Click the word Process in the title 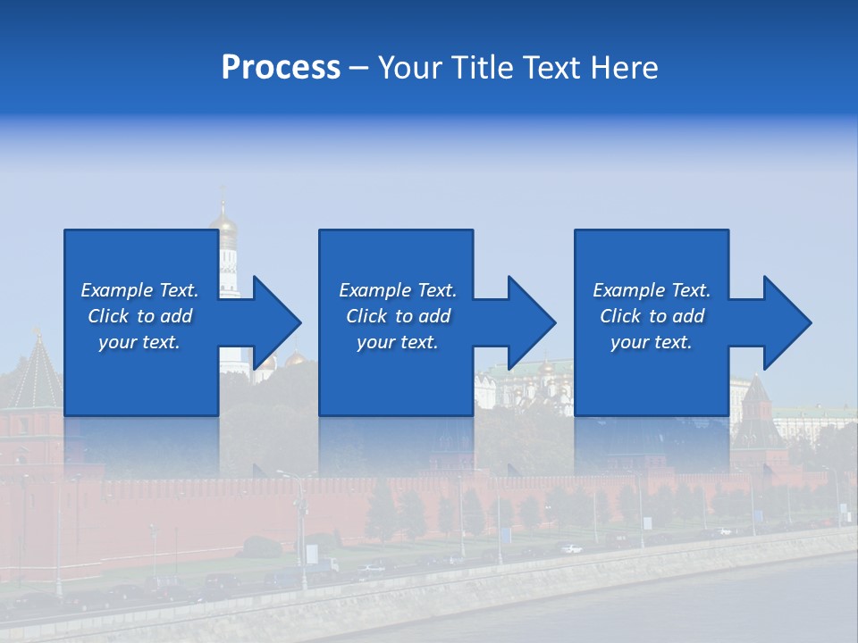[281, 68]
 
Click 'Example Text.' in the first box [139, 290]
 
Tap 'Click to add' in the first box [139, 316]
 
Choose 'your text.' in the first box [139, 342]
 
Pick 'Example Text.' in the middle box [398, 290]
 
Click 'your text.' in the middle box [398, 342]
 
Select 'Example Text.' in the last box [652, 290]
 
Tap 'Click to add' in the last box [652, 316]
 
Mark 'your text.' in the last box [652, 342]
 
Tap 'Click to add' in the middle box [398, 316]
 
